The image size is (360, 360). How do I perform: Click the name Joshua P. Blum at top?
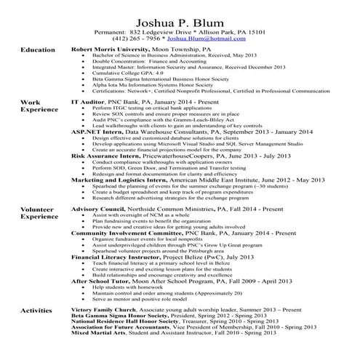pyautogui.click(x=180, y=16)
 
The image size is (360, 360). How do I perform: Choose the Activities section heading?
pyautogui.click(x=36, y=311)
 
